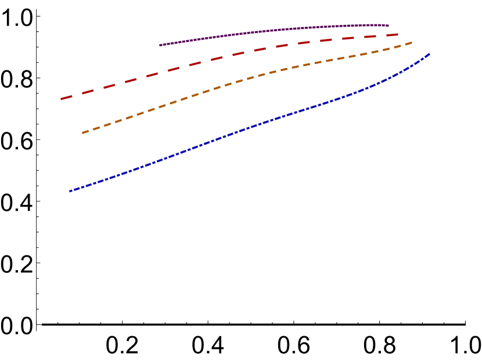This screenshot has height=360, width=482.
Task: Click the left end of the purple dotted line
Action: pyautogui.click(x=160, y=45)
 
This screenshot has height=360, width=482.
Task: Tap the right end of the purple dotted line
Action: pyautogui.click(x=387, y=26)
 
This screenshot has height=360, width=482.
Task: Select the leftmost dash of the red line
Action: pyautogui.click(x=66, y=98)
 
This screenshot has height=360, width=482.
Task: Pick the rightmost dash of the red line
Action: pyautogui.click(x=392, y=35)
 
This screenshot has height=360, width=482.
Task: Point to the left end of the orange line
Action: pyautogui.click(x=83, y=133)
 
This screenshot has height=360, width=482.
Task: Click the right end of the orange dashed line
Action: pyautogui.click(x=411, y=42)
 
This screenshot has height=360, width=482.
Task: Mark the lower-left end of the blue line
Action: pyautogui.click(x=70, y=191)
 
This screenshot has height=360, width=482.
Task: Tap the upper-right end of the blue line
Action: pyautogui.click(x=429, y=54)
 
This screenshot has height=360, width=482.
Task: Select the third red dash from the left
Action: pyautogui.click(x=109, y=87)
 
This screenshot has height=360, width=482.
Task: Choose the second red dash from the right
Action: pyautogui.click(x=371, y=37)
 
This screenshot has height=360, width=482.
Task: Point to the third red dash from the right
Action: pyautogui.click(x=348, y=38)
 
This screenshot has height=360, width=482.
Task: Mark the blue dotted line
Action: pyautogui.click(x=250, y=128)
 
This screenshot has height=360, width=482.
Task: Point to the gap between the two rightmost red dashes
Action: pyautogui.click(x=381, y=36)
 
